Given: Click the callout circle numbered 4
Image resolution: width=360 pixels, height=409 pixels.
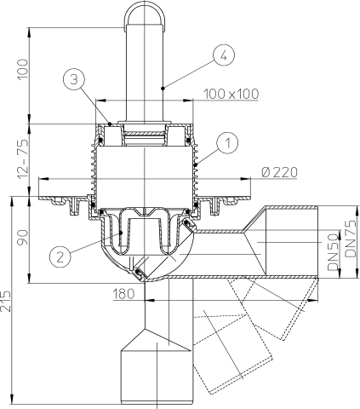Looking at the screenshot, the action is point(224,55).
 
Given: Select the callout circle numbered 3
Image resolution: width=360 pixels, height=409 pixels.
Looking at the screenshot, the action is point(74,80).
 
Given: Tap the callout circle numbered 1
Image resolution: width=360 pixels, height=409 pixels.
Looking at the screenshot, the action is point(228,142).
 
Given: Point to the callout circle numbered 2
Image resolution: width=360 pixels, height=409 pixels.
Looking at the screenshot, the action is point(60,257).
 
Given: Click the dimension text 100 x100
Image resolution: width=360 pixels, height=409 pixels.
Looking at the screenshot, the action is point(231,94).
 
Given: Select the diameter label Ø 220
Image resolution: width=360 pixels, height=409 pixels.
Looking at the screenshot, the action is point(279,172).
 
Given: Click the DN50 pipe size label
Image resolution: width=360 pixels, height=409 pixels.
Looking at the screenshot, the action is point(334,251).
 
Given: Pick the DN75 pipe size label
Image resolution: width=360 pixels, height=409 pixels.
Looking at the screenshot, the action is point(351,239).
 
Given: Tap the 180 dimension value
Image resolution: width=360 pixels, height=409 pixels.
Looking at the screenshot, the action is point(123,294).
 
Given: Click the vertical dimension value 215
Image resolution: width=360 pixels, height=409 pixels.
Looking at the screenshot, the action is point(6,301).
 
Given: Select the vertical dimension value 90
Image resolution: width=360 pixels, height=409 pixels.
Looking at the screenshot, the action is point(23,238).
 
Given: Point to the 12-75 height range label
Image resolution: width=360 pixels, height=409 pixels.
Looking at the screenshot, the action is point(23,159).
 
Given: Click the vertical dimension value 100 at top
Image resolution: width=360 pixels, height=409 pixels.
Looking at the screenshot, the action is point(23,70).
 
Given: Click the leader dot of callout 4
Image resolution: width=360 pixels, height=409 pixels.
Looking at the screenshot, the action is point(163,89).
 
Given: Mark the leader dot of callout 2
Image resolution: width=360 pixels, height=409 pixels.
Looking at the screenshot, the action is point(121,233).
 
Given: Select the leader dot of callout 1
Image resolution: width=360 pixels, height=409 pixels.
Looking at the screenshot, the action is point(195,164).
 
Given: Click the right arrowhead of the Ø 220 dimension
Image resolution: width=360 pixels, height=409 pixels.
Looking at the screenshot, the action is point(245,179).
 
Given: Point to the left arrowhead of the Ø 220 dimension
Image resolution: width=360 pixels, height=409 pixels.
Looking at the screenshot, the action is point(43,179).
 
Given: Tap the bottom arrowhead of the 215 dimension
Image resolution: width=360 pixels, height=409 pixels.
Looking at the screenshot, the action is point(12,399).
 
